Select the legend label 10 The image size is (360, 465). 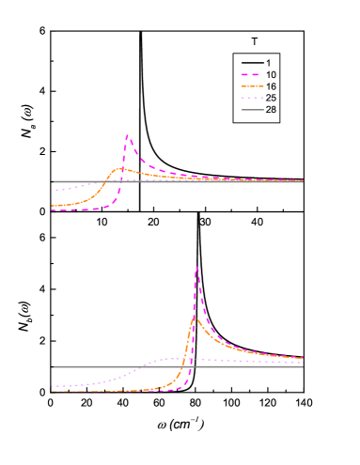click(x=272, y=74)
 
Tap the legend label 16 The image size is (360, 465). click(x=272, y=86)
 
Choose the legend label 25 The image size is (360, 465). click(x=272, y=99)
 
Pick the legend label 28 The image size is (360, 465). click(x=272, y=111)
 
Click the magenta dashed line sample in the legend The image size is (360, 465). click(x=249, y=74)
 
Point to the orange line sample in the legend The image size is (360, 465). click(x=249, y=86)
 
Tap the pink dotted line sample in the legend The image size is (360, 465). click(x=249, y=99)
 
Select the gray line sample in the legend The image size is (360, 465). click(x=249, y=111)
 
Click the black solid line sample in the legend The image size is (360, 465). click(x=249, y=62)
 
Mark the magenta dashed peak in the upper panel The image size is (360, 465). click(x=127, y=135)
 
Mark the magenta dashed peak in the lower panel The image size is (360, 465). click(x=196, y=267)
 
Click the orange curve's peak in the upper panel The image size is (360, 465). click(x=120, y=168)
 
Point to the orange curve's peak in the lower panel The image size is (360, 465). click(x=195, y=318)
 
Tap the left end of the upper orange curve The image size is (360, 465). click(x=52, y=205)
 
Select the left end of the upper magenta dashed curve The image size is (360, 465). click(x=52, y=210)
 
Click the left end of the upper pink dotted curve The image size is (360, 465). click(x=52, y=191)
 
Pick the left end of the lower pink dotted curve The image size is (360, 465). click(x=52, y=386)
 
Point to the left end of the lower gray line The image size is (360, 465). click(x=52, y=366)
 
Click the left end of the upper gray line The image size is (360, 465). click(x=52, y=181)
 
